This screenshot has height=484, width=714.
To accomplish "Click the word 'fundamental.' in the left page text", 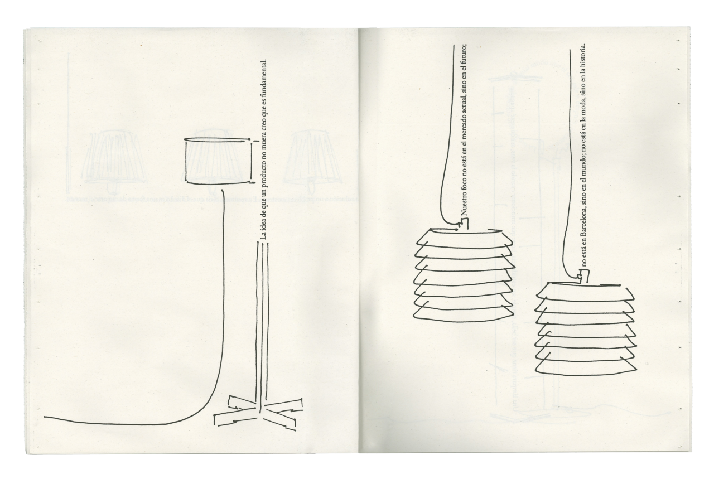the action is (x=264, y=76).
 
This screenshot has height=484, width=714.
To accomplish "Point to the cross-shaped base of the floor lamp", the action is (x=259, y=411).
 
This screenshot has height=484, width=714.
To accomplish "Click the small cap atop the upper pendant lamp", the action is (x=463, y=223).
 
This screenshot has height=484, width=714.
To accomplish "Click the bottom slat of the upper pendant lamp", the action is (x=463, y=313).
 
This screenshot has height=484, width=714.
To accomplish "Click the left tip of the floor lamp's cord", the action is (x=44, y=417).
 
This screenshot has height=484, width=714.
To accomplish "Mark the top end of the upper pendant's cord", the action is (x=454, y=46).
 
